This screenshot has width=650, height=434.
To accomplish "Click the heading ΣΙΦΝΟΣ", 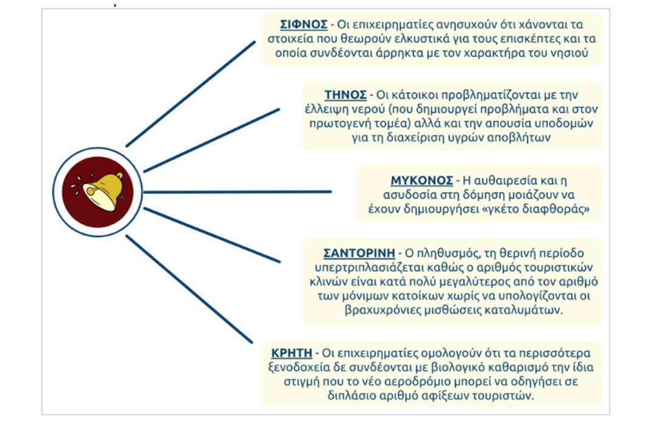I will (x=304, y=25).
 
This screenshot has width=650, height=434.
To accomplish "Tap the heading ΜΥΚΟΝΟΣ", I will (x=422, y=181).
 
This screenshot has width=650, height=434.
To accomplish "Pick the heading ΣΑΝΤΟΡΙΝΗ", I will (x=359, y=253).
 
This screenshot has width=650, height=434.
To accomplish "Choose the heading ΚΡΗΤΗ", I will (x=292, y=353).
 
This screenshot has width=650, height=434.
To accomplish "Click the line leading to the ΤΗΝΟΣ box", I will (x=211, y=140).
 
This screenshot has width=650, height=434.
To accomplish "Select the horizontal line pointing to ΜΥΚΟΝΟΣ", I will (x=237, y=191).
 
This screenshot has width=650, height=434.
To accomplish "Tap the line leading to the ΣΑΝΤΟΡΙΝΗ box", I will (x=211, y=235).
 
